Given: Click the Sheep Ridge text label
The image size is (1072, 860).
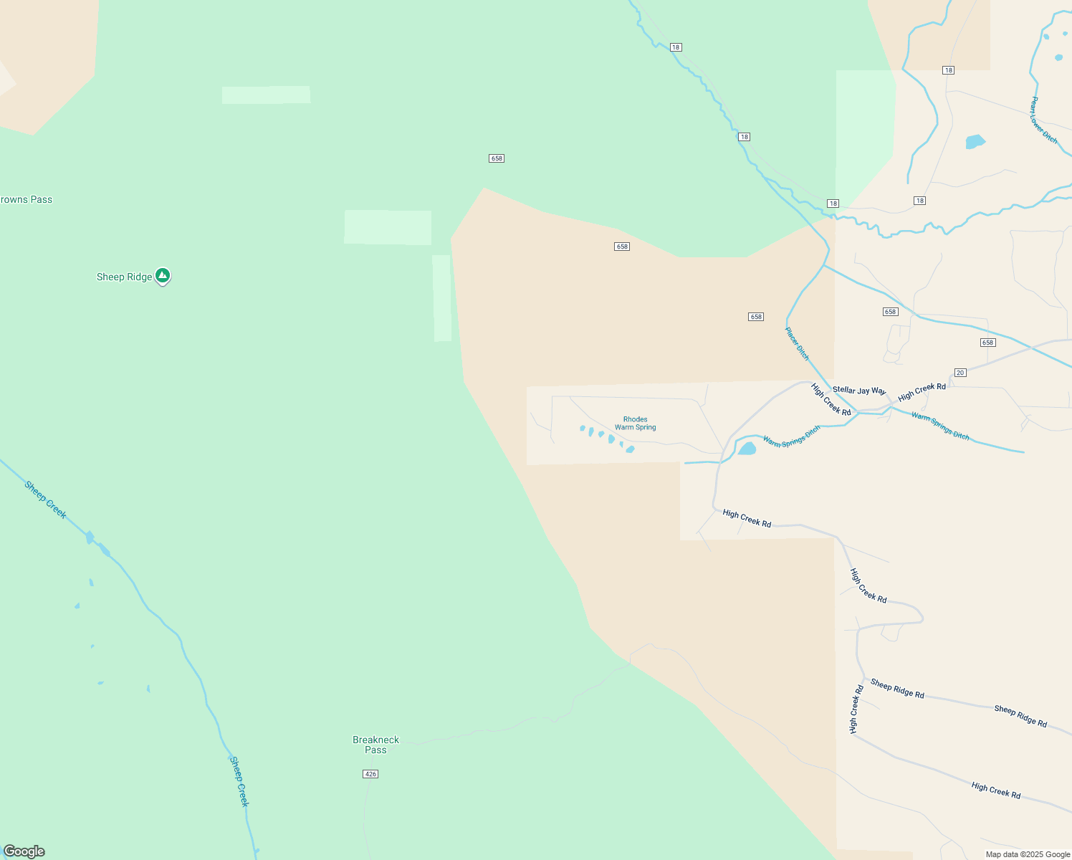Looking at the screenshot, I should coord(124,277).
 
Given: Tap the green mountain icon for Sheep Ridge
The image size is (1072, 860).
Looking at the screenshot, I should coord(163,275).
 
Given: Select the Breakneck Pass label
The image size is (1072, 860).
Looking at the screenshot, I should coord(375,745).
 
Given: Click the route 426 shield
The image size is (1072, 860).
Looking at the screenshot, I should coord(370,774).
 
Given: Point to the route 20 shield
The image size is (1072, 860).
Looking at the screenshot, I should coord(960,373).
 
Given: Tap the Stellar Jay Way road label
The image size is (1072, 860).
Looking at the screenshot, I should coord(858,391).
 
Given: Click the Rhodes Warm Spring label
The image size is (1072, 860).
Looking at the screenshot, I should coord(635,424).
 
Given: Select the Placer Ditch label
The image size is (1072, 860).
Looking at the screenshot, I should coord(797,344).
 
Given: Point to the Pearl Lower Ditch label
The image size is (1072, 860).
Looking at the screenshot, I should coord(1043,120).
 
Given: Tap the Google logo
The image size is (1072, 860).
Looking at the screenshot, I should coord(24,851).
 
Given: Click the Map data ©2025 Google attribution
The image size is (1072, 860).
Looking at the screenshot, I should coord(1027,854).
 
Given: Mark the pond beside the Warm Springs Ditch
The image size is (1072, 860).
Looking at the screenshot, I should coord(747,449).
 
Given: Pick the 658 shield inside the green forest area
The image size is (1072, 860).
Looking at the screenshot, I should coord(497,158).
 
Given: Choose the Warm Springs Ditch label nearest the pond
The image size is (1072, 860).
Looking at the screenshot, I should coord(791,437).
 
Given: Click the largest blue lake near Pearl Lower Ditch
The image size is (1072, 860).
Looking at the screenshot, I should coord(975,141).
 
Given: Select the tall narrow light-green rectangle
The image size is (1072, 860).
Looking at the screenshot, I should coord(441,298).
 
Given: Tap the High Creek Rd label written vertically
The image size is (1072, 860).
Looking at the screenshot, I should coord(856,709).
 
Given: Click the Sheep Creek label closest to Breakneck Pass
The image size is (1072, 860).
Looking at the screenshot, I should coord(239,781).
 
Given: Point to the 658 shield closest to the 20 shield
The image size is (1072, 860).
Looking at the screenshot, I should coord(987,343).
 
